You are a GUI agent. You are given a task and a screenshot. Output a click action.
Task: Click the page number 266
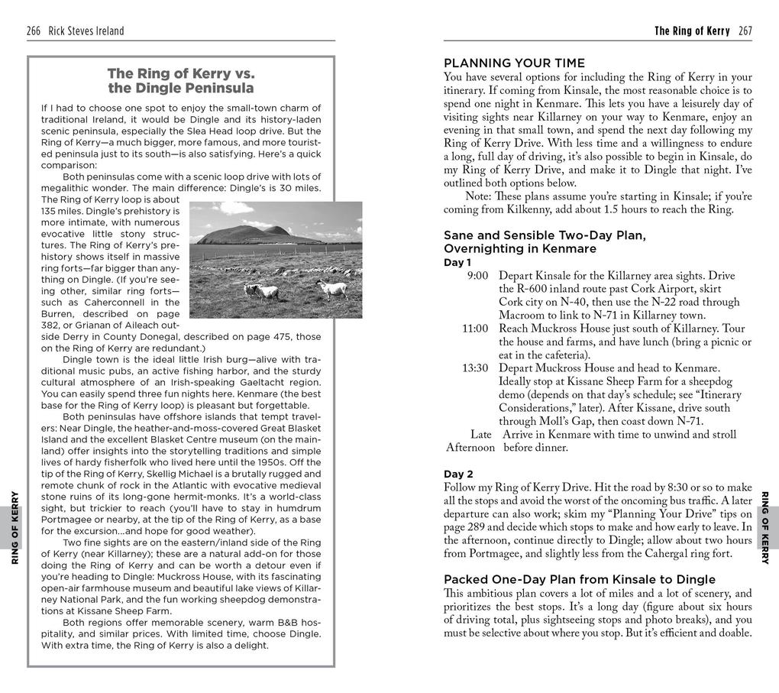point(34,31)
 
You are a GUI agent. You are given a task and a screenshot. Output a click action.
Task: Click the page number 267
point(745,31)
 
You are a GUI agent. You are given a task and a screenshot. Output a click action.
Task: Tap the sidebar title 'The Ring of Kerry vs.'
point(180,74)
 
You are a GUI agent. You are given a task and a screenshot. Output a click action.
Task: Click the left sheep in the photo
point(261,291)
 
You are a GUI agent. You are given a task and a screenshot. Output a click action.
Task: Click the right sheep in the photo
point(332,288)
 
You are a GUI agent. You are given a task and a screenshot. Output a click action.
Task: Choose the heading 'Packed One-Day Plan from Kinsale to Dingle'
point(580,579)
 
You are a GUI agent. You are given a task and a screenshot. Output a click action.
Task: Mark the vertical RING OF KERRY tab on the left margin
point(15,528)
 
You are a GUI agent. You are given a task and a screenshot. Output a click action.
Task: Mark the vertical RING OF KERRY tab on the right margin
point(766,528)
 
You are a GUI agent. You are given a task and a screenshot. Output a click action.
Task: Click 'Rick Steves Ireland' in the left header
point(86,31)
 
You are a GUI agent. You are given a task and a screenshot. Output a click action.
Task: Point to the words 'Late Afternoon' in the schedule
point(471,441)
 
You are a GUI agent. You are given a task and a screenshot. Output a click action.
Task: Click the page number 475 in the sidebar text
point(275,337)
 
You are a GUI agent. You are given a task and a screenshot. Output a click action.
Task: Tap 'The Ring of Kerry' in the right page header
point(692,31)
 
